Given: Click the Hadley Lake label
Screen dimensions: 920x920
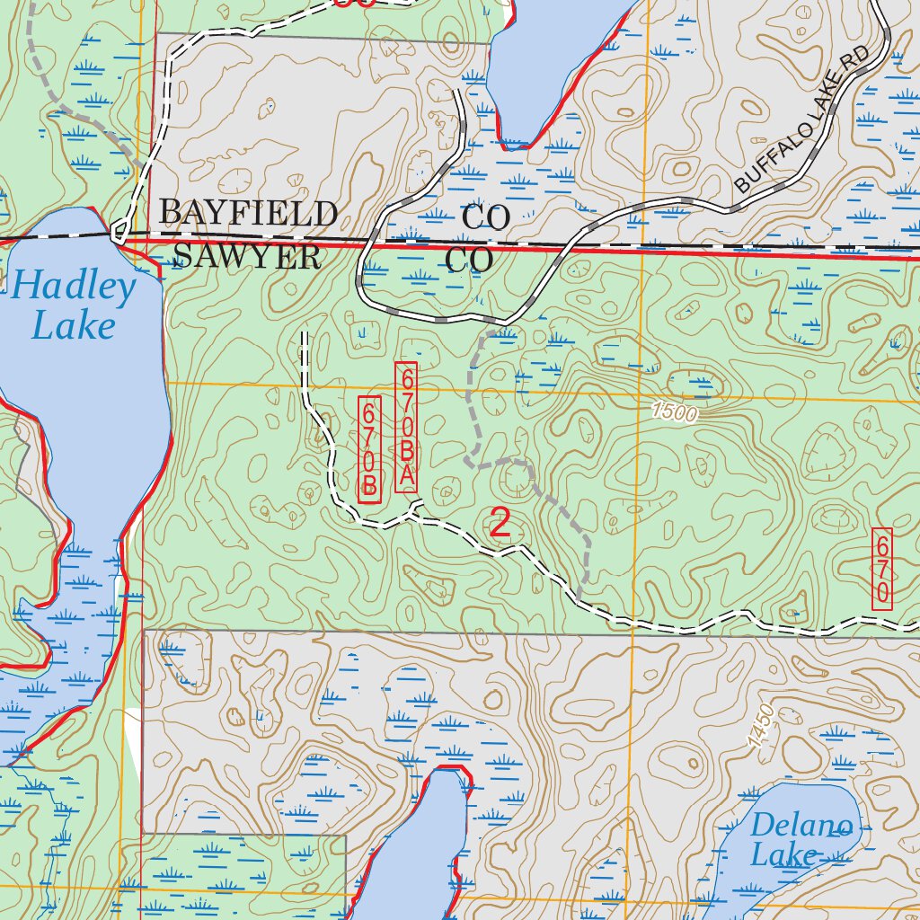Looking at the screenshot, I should point(74,305).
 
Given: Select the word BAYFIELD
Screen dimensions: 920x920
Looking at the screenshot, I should point(248,214).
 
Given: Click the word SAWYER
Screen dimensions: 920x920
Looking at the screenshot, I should point(247,257).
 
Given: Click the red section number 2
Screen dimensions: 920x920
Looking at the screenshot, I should point(500,524).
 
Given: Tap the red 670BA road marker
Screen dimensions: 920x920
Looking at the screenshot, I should point(406,427).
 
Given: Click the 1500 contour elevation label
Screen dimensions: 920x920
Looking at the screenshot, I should point(674,412).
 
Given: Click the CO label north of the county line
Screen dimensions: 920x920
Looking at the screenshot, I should point(486,217).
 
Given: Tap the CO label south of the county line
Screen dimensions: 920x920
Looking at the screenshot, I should point(470,261).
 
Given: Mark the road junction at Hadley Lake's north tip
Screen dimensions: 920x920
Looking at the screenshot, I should point(118,235).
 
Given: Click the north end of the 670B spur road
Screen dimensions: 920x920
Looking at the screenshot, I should point(304,334).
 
